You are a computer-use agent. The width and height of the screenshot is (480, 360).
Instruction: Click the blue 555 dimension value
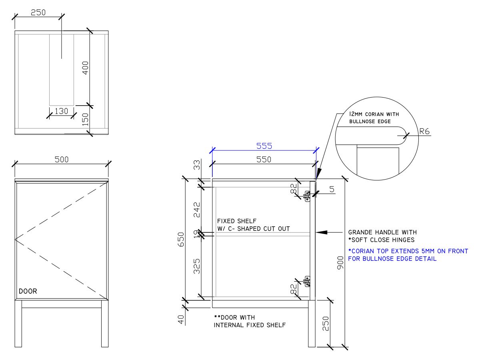[264, 146]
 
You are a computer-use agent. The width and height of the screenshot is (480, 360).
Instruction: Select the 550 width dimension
[264, 159]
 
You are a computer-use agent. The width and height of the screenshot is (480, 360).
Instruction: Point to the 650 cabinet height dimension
[180, 239]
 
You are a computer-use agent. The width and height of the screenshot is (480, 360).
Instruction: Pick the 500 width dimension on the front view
[62, 159]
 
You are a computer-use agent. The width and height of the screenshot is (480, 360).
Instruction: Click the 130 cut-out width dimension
[61, 111]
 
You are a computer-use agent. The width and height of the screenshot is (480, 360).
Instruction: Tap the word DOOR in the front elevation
[28, 291]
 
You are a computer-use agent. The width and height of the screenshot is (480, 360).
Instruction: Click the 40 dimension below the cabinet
[180, 320]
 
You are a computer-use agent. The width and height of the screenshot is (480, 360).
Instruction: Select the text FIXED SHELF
[237, 221]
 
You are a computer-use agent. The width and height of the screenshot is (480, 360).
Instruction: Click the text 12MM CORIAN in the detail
[368, 114]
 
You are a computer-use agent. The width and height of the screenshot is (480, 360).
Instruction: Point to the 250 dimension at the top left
[38, 12]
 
